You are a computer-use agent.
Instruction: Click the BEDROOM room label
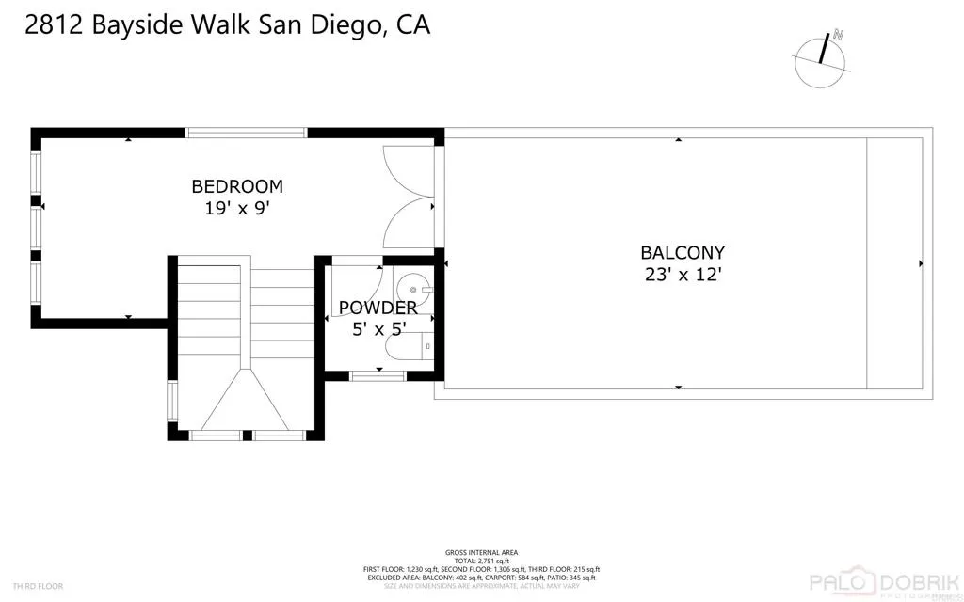(x=237, y=186)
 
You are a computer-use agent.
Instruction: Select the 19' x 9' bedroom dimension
(x=237, y=209)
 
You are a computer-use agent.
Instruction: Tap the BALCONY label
(x=683, y=252)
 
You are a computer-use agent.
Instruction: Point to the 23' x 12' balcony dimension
(x=683, y=275)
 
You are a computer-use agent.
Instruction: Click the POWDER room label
(x=378, y=308)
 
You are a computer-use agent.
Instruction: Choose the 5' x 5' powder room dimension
(x=378, y=329)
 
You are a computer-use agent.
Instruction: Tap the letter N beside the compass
(x=838, y=35)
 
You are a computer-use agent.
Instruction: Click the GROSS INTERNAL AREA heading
(x=481, y=552)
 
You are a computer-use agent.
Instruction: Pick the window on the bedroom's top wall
(x=247, y=134)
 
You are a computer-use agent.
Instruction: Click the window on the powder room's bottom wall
(x=378, y=376)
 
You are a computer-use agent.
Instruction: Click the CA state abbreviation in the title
(x=413, y=25)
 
